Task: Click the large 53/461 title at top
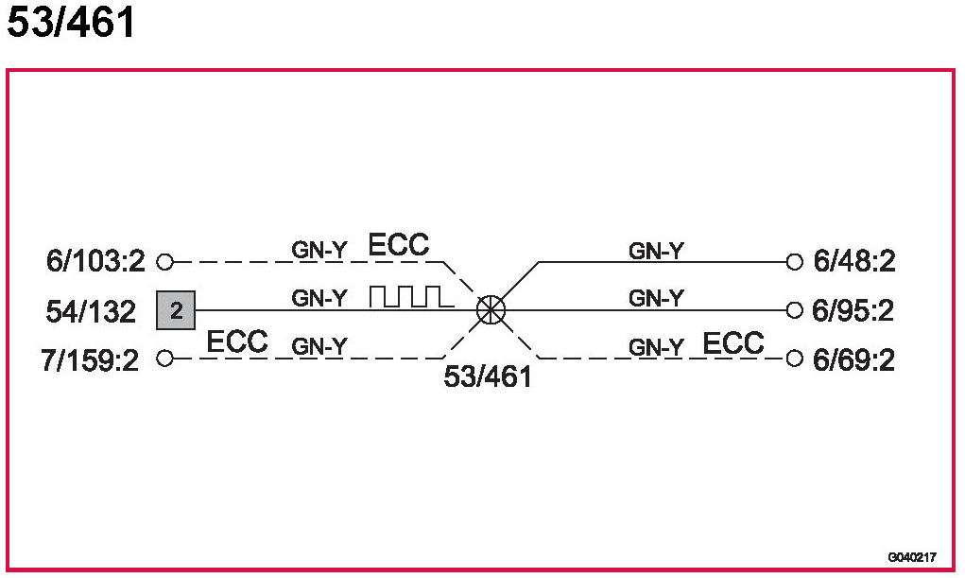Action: coord(72,24)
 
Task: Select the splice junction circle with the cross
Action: coord(491,309)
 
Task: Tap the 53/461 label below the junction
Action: coord(488,377)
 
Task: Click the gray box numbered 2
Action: coord(176,309)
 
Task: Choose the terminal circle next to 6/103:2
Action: coord(164,261)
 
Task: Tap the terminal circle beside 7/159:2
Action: coord(164,359)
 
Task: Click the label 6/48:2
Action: coord(853,262)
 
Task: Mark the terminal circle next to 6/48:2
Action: coord(794,261)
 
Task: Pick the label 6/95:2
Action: coord(853,311)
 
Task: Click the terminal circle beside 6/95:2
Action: coord(794,309)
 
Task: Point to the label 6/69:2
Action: coord(853,360)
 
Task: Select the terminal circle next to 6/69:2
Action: coord(794,359)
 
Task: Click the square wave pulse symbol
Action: coord(411,297)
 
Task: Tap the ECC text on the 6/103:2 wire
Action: coord(398,246)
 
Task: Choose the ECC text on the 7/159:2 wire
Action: coord(237,342)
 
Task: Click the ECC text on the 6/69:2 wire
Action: coord(733,342)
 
